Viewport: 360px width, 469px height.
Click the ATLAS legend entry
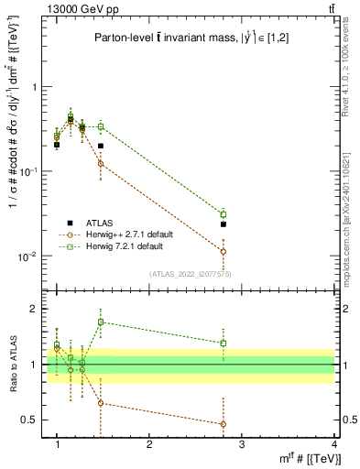(97, 223)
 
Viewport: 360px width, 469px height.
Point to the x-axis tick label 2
(149, 445)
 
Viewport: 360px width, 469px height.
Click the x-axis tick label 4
(334, 445)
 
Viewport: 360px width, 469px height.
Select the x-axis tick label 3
(242, 445)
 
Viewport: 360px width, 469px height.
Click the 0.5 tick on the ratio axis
(34, 420)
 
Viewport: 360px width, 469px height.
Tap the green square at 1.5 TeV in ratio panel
(101, 322)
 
